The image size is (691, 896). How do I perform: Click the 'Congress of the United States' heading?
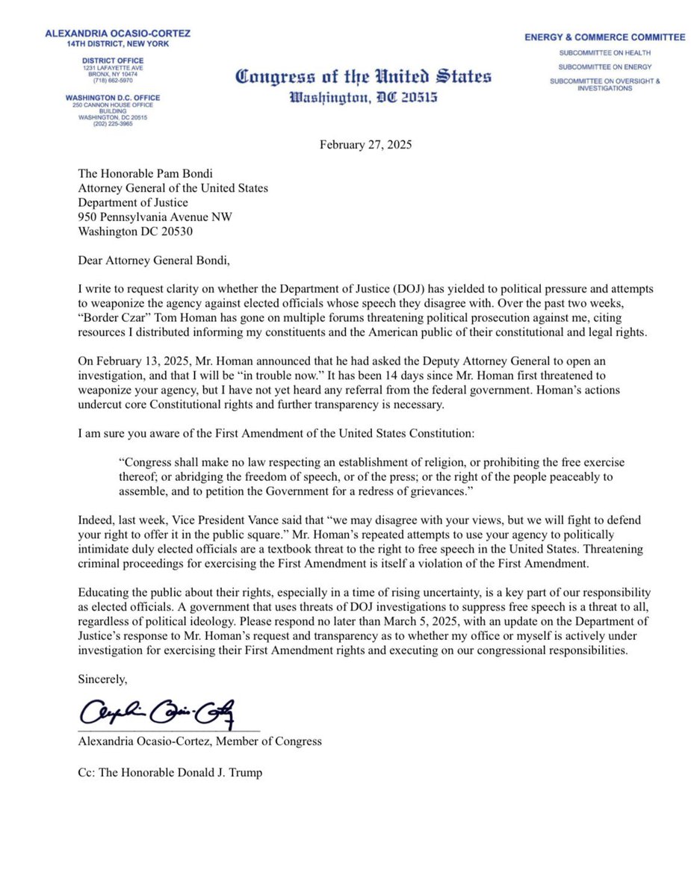pos(363,77)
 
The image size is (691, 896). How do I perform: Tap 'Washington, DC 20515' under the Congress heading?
pos(363,98)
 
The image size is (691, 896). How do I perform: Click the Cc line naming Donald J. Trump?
pos(170,773)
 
